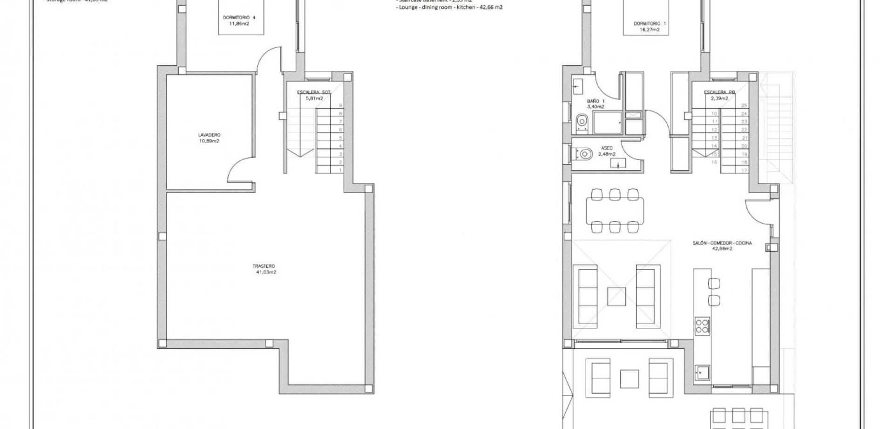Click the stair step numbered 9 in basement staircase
point(340,105)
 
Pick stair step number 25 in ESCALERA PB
point(744,105)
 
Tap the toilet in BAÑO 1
point(582,123)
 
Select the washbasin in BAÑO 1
point(577,85)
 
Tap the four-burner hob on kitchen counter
point(702,325)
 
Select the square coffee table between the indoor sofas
point(616,296)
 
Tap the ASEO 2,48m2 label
point(607,151)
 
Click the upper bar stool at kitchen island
point(714,283)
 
